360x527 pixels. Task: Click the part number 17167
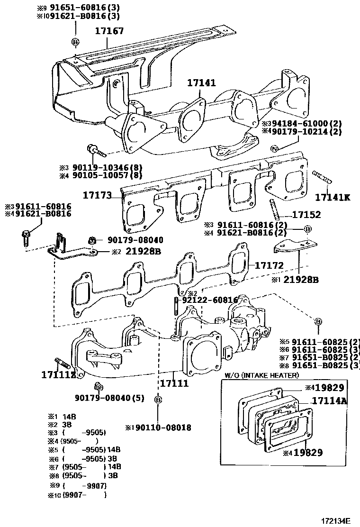pyautogui.click(x=109, y=31)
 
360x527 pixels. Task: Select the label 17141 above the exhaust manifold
pyautogui.click(x=201, y=83)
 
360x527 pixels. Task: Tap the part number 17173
pyautogui.click(x=97, y=195)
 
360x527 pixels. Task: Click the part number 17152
pyautogui.click(x=306, y=215)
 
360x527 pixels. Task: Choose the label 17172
pyautogui.click(x=269, y=265)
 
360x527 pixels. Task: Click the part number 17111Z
pyautogui.click(x=58, y=375)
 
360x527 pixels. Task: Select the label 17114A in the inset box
pyautogui.click(x=329, y=401)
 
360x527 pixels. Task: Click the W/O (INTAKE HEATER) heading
pyautogui.click(x=261, y=375)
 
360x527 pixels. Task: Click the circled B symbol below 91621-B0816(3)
pyautogui.click(x=75, y=42)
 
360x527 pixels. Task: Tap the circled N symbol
pyautogui.click(x=274, y=149)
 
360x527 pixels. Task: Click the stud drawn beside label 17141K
pyautogui.click(x=322, y=177)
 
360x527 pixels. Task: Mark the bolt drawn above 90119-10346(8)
pyautogui.click(x=95, y=151)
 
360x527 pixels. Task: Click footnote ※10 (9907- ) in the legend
pyautogui.click(x=77, y=495)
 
